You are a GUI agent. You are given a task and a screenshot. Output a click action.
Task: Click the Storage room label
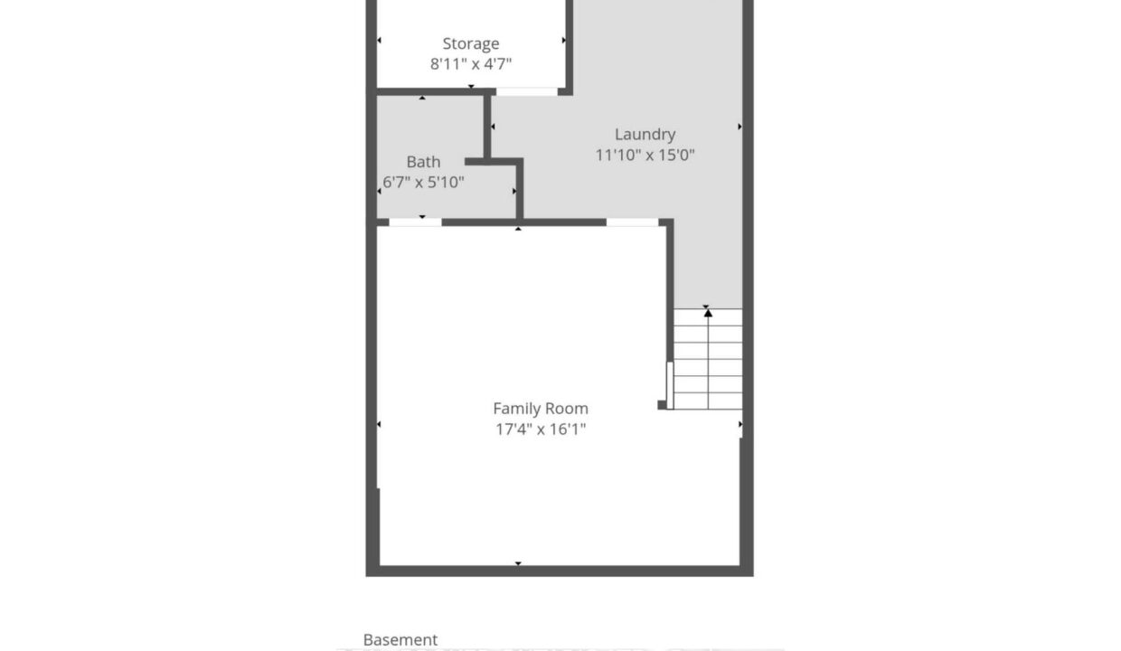(470, 44)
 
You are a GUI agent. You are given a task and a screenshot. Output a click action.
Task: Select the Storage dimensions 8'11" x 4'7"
(471, 64)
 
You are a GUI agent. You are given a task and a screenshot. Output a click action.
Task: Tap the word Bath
(423, 162)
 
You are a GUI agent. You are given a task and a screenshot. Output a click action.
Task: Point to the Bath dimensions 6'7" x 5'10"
(423, 182)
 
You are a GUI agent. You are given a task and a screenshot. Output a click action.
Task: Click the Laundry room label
(645, 135)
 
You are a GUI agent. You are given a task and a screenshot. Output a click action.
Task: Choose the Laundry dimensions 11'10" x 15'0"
(645, 156)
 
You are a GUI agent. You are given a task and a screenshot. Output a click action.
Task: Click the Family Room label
(541, 409)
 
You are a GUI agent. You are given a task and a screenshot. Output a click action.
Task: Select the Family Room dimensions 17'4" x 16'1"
(541, 429)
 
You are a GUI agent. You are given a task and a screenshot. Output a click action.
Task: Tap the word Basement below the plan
(400, 640)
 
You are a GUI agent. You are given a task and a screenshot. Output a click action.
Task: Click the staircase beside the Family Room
(708, 359)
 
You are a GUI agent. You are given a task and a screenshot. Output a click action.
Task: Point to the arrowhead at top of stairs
(708, 313)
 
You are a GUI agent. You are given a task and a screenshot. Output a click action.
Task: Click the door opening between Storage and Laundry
(526, 91)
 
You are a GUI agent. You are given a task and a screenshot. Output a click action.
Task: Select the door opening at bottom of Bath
(415, 222)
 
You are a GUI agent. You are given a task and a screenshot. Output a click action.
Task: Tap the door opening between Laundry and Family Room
(632, 222)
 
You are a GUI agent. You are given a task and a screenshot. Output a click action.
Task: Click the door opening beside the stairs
(670, 386)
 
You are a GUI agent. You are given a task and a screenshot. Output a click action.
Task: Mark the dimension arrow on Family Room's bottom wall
(518, 563)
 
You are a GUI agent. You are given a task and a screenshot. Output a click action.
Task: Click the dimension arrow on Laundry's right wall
(739, 127)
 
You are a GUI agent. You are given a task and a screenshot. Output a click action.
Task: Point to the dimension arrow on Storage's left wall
(379, 40)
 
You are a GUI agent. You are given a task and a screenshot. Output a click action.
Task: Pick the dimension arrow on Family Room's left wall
(379, 424)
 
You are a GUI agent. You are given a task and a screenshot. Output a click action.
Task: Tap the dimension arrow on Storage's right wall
(564, 40)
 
